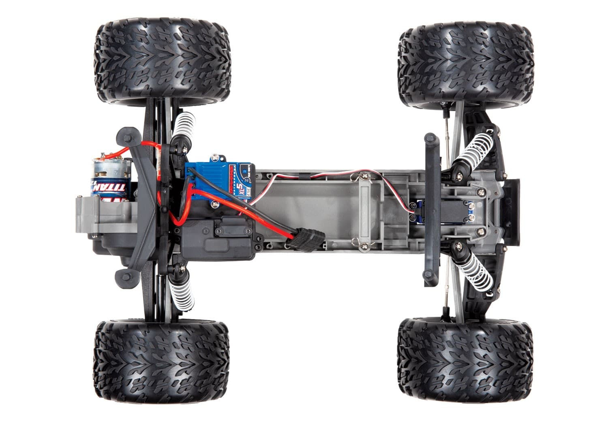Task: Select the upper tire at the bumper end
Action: (466, 65)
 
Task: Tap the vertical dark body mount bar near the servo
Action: (432, 210)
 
